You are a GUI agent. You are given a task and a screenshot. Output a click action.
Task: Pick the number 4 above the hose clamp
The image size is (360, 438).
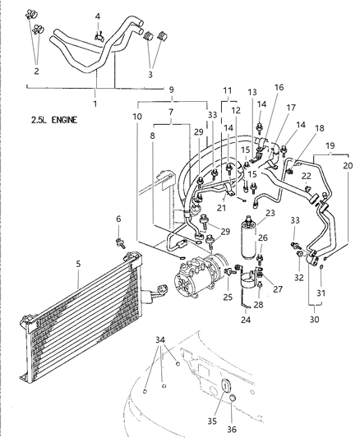(98, 16)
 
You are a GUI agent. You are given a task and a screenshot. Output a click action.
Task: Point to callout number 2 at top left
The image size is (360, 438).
(35, 72)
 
